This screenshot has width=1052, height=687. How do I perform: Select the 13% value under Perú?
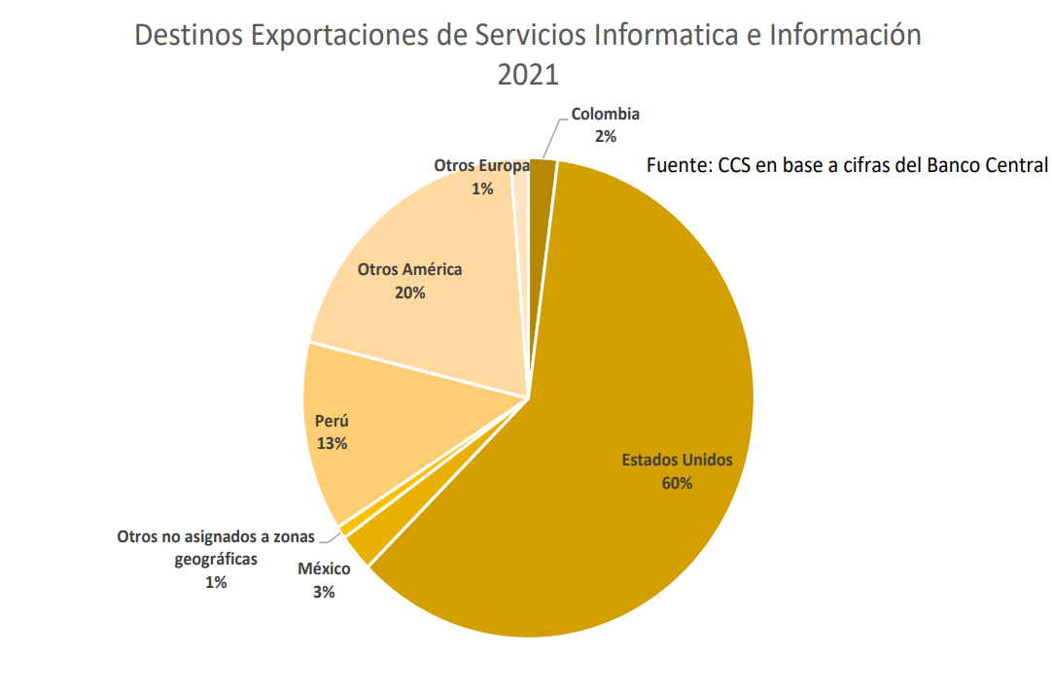(x=332, y=443)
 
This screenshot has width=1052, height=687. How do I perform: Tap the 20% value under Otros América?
(x=409, y=292)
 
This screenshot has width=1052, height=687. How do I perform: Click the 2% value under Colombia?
(x=605, y=137)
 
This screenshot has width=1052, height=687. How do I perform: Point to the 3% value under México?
(x=324, y=591)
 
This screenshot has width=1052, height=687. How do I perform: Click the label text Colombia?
(x=605, y=115)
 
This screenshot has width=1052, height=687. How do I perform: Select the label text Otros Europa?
(x=481, y=166)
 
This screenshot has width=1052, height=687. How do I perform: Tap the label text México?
(x=324, y=569)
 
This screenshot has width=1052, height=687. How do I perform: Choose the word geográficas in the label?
(x=216, y=560)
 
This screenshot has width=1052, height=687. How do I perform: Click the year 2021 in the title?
(x=528, y=75)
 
